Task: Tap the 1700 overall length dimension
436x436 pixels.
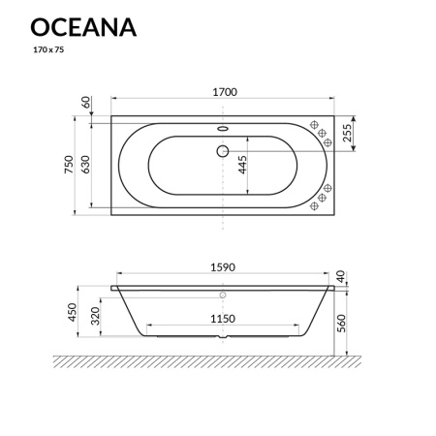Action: [223, 92]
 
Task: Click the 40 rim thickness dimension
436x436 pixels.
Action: [342, 276]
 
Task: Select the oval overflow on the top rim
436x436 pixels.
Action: [223, 125]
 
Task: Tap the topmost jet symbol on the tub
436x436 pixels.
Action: [316, 123]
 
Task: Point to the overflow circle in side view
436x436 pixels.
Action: [223, 295]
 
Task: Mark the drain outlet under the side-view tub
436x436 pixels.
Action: [223, 340]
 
